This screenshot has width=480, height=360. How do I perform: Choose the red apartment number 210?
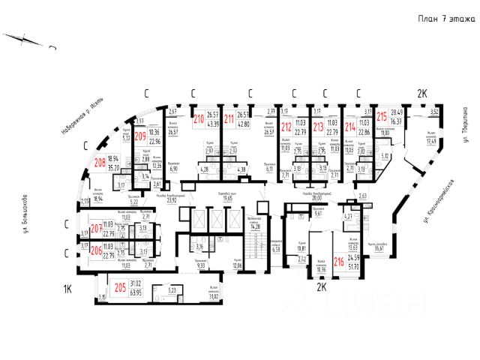pyautogui.click(x=199, y=118)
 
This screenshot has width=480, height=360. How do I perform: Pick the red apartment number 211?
pyautogui.click(x=229, y=118)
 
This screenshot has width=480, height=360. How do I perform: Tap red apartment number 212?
pyautogui.click(x=286, y=127)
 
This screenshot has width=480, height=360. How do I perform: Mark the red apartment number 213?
pyautogui.click(x=318, y=127)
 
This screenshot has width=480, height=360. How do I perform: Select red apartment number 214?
pyautogui.click(x=349, y=127)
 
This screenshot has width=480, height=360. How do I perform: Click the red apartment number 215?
pyautogui.click(x=382, y=117)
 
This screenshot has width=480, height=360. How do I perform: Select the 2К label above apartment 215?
pyautogui.click(x=422, y=94)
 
